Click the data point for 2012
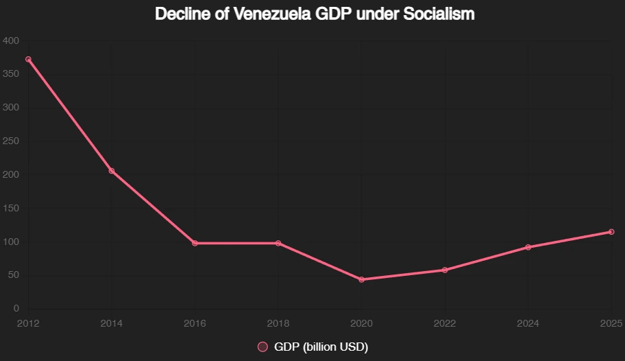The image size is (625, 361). (28, 59)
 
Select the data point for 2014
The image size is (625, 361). (112, 171)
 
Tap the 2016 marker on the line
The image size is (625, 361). (195, 243)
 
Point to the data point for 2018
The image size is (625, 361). (278, 243)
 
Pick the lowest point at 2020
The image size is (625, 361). (361, 279)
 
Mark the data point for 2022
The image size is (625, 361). (445, 270)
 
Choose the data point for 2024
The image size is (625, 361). (528, 247)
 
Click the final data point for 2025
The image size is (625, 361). (611, 232)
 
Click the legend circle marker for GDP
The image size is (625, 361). (262, 347)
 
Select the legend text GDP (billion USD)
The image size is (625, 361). (321, 347)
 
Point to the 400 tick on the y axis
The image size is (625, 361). (12, 40)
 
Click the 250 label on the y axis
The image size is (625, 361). (12, 141)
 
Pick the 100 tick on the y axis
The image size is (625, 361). (12, 242)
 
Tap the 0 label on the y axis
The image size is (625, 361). (16, 309)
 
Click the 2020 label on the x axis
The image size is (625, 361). (361, 323)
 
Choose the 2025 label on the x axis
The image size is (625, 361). (611, 323)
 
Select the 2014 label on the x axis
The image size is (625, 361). (112, 323)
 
